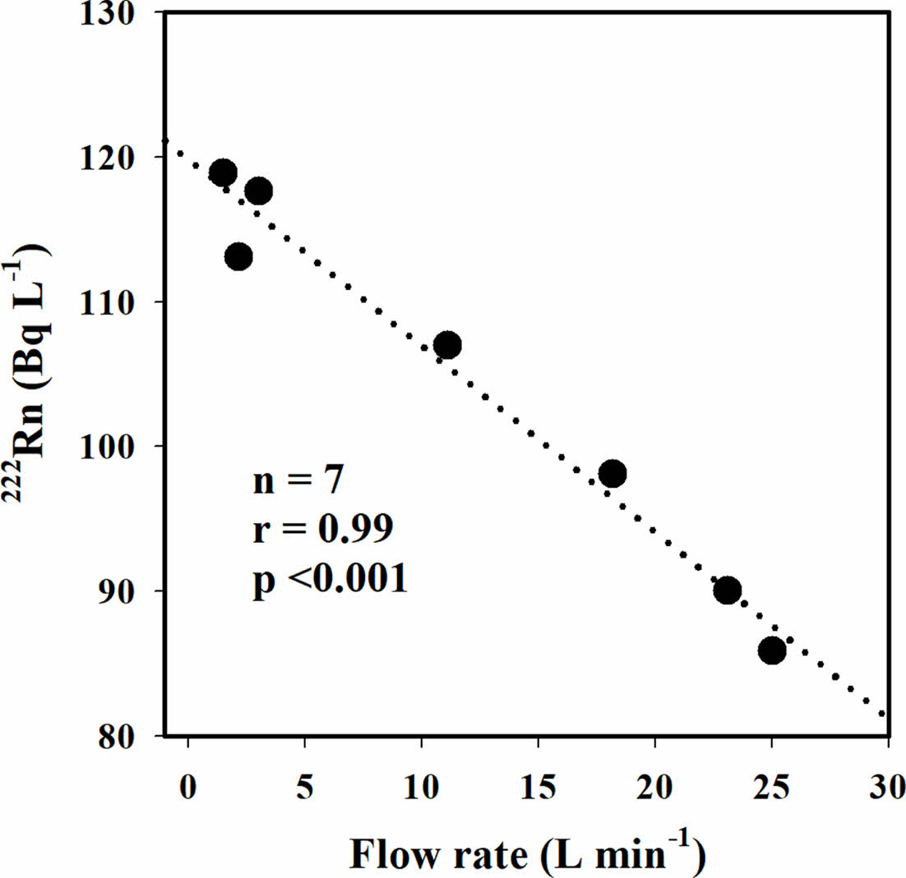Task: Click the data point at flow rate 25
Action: (772, 651)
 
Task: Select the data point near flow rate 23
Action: (728, 591)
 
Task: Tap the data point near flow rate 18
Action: (612, 474)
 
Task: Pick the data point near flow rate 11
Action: (447, 345)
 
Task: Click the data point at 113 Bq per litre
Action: (238, 257)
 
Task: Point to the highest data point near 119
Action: (223, 173)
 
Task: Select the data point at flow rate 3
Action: (259, 191)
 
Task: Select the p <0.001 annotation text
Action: (330, 581)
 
